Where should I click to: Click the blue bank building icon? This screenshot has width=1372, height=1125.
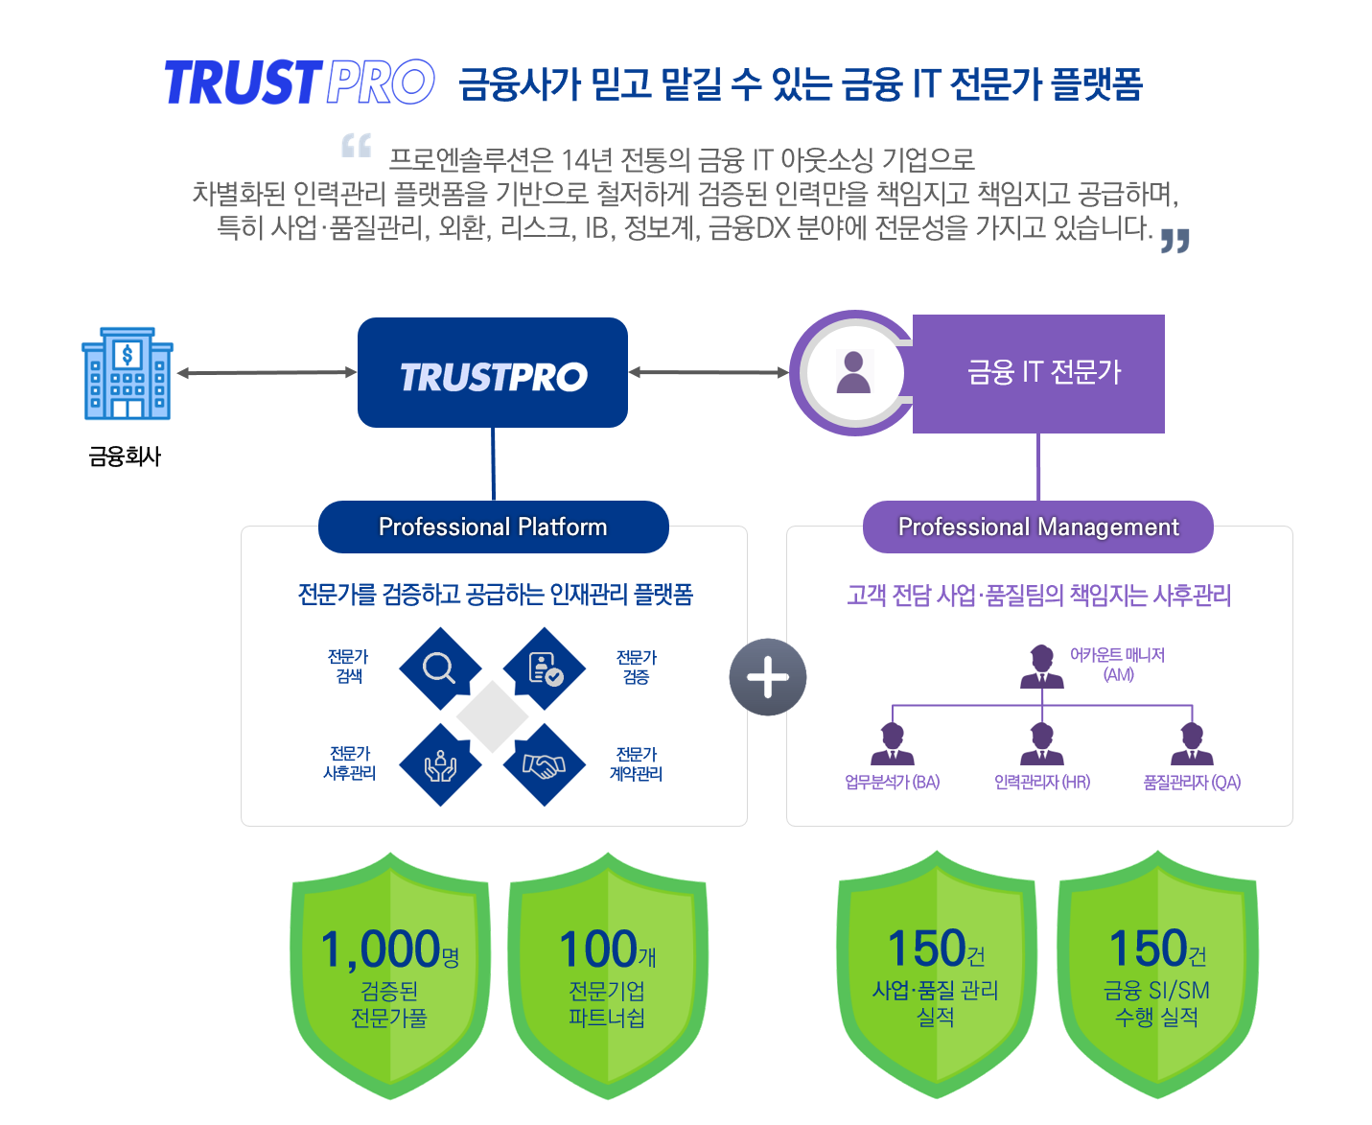(127, 372)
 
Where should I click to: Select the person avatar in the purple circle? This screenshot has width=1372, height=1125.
(852, 371)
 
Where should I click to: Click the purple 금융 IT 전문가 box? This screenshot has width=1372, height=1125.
(1037, 373)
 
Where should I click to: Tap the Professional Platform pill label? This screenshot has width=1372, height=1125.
(493, 526)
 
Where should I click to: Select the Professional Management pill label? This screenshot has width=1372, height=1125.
(1037, 526)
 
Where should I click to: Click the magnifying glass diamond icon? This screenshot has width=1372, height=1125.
(440, 668)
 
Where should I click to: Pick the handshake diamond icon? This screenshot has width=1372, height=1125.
(544, 763)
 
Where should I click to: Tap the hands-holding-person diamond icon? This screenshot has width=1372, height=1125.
(440, 763)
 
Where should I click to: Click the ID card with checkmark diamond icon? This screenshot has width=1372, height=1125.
(544, 668)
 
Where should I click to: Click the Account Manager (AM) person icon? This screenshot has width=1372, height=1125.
(1041, 666)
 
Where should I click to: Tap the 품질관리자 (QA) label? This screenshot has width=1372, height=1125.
(1191, 781)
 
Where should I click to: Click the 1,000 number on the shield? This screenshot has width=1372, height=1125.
(381, 948)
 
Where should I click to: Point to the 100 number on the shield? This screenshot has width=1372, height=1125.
(597, 948)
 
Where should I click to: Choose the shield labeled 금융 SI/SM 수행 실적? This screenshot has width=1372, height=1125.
(1156, 973)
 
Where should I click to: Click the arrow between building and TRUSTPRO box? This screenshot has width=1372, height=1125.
(267, 372)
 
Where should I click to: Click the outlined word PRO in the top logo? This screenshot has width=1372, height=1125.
(380, 82)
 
